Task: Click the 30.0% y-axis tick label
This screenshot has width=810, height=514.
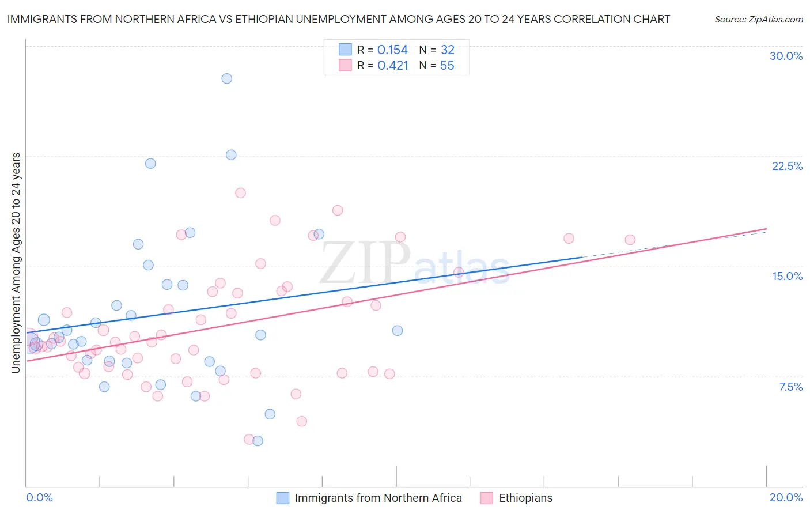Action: click(x=786, y=56)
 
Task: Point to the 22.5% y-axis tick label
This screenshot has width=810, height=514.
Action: click(x=787, y=166)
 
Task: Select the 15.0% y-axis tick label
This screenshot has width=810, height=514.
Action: click(x=787, y=276)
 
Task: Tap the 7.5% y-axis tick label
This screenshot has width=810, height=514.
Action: click(x=790, y=387)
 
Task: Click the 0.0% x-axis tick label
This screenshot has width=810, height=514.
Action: click(x=39, y=497)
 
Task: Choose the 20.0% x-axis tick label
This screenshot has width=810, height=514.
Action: click(x=786, y=497)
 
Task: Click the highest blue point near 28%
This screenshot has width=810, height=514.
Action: click(x=227, y=78)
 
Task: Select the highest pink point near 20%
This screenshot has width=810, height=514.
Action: click(x=240, y=193)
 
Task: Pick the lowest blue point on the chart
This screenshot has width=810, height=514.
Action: click(x=258, y=441)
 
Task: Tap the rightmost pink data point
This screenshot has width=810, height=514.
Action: click(x=630, y=240)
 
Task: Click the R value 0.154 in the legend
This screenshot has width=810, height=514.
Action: click(x=392, y=50)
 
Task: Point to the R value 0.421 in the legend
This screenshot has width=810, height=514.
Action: click(x=393, y=66)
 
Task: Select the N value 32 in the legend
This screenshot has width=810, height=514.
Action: click(x=448, y=50)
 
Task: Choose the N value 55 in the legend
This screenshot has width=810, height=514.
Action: click(x=447, y=66)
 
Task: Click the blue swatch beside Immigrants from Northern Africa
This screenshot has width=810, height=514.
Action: click(x=283, y=498)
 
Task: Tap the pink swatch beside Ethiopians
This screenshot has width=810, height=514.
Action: click(x=487, y=498)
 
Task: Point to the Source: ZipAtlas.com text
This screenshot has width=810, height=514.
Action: click(x=758, y=19)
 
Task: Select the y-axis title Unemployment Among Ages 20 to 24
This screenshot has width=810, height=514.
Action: click(x=16, y=263)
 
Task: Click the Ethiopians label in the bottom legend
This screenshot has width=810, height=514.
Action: click(x=525, y=498)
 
